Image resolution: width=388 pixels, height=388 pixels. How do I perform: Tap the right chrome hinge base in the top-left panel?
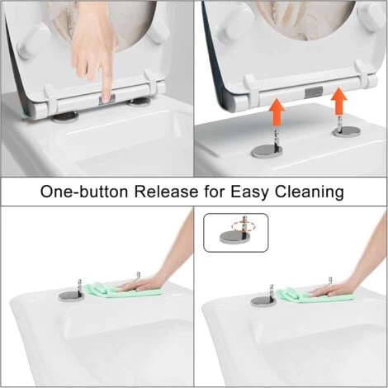(141, 102)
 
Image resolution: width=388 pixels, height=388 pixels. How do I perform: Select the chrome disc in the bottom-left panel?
(71, 295)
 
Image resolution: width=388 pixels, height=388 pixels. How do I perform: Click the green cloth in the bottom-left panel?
(107, 289)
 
